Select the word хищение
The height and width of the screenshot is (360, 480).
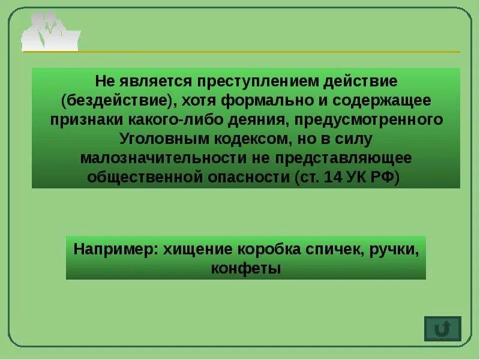click(x=193, y=249)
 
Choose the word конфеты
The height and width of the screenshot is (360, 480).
click(x=245, y=268)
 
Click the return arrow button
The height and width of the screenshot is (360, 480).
click(x=442, y=329)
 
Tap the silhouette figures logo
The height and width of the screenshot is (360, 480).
click(x=49, y=32)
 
